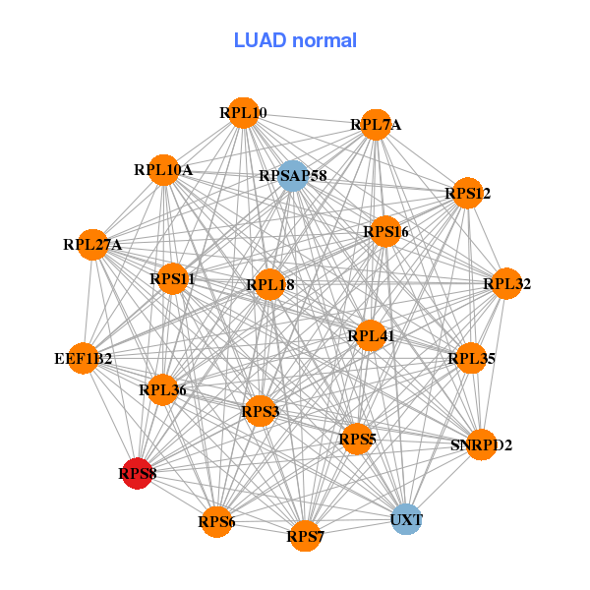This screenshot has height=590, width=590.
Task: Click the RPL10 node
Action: pos(243,113)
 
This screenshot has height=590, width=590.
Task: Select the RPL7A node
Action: pos(376,125)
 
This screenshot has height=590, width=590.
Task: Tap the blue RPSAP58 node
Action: pos(293,176)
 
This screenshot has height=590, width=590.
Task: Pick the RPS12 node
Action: pos(468,194)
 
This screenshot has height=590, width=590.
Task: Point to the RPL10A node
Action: pos(164,170)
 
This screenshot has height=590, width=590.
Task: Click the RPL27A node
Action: pos(92,245)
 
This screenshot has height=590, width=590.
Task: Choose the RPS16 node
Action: pos(385,232)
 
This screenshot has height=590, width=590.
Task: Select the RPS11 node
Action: pos(173,279)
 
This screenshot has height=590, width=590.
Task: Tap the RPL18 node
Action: pos(270,285)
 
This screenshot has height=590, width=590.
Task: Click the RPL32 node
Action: pos(506,284)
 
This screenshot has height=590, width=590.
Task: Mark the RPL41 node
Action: pos(371,336)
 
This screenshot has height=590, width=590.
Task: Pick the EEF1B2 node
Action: pos(84,358)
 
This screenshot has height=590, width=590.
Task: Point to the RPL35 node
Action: pos(472,358)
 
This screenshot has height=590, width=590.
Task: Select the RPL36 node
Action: pos(162,390)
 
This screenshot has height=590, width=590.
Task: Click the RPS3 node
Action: pos(261,410)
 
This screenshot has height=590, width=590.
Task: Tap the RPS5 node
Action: pos(357,439)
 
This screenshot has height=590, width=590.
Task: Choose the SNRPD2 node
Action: pos(481,445)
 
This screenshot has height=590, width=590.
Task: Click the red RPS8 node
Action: pos(137,474)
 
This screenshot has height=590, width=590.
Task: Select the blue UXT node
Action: pos(406,518)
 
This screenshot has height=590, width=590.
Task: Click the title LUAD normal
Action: pos(295,40)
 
